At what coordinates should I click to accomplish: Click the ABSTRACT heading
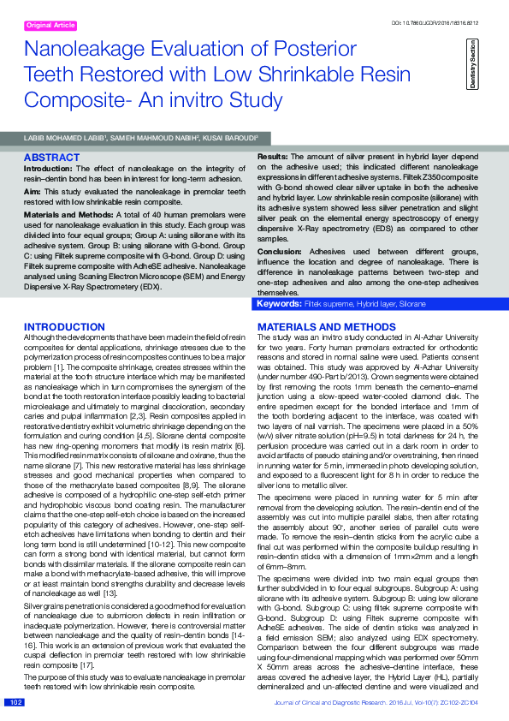(x=52, y=158)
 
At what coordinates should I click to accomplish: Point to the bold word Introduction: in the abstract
(x=50, y=168)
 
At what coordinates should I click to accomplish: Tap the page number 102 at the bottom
(x=15, y=702)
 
